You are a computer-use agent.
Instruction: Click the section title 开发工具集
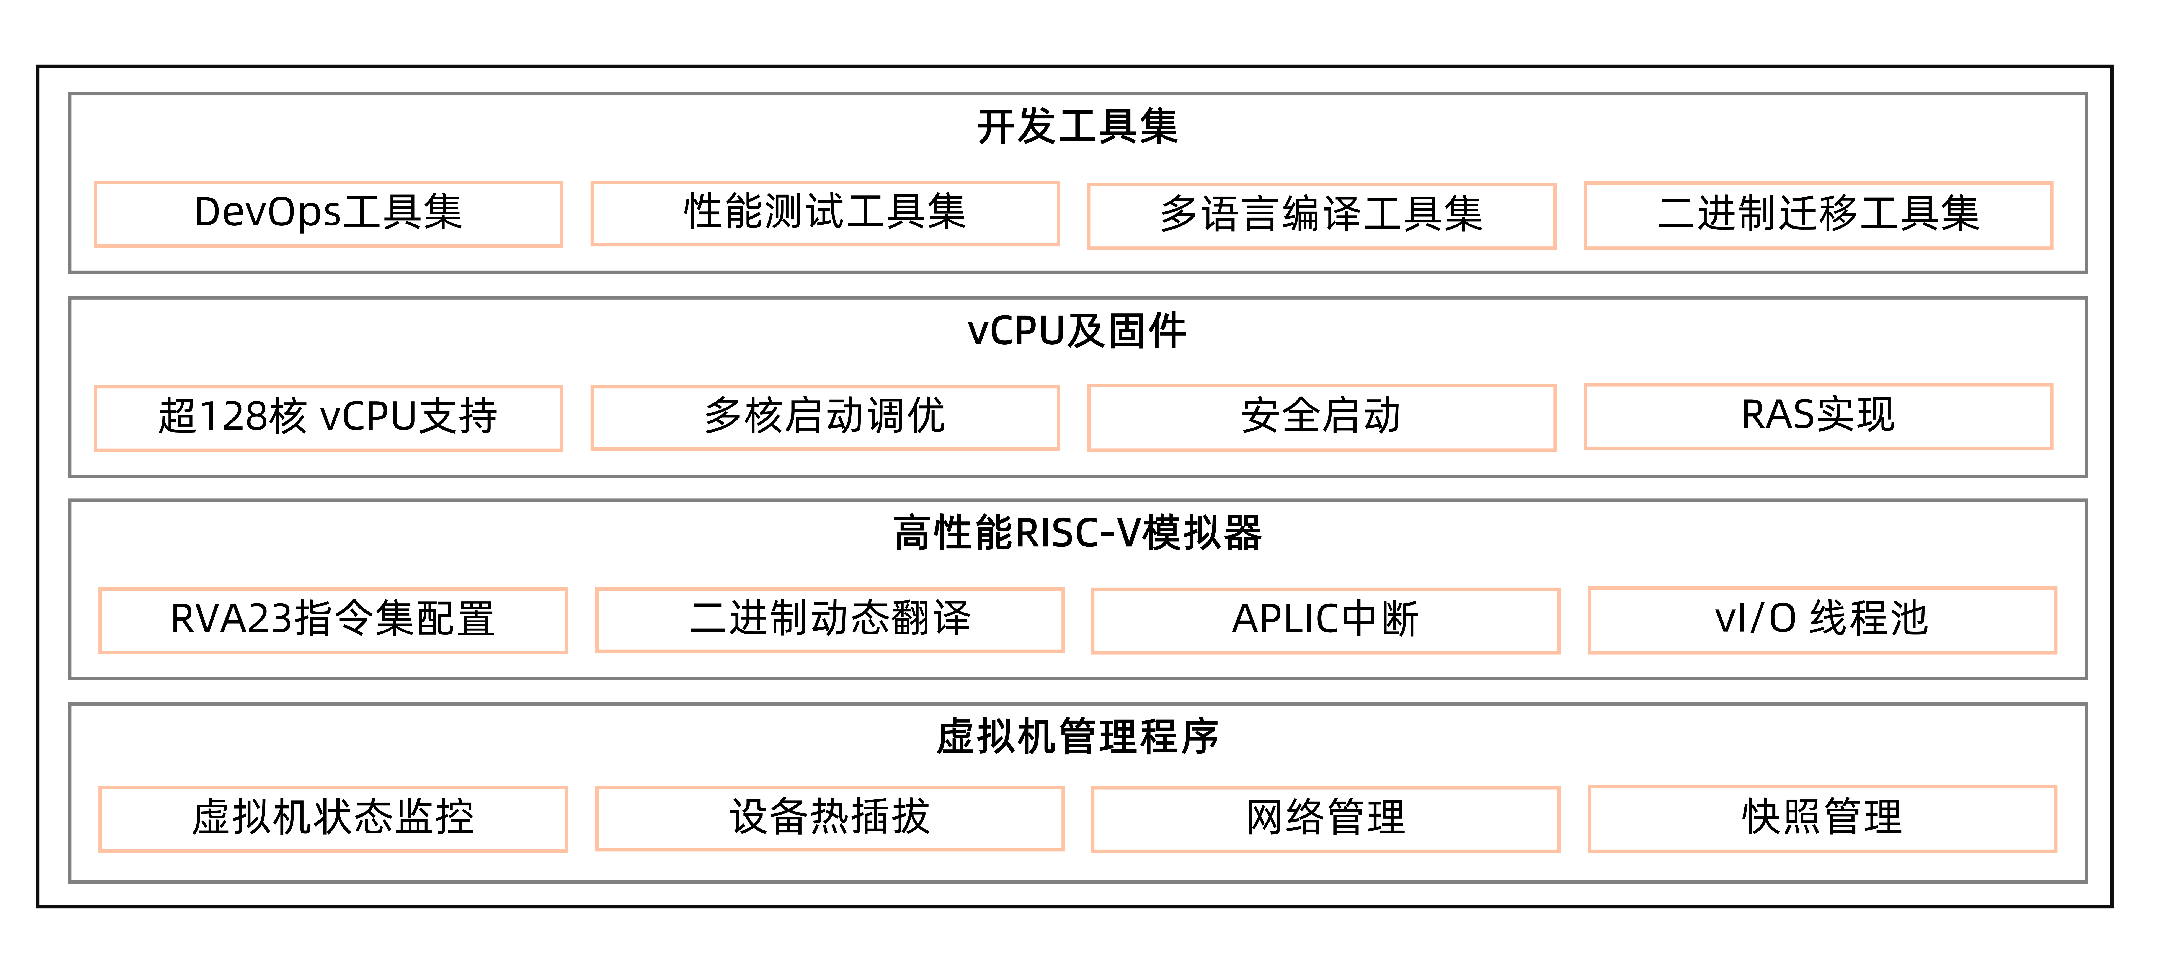pos(1077,127)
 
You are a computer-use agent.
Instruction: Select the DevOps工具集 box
pos(328,214)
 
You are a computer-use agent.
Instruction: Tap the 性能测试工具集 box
pos(825,213)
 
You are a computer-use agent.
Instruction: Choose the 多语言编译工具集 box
pos(1321,216)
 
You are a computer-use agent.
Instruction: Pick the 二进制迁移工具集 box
pos(1818,215)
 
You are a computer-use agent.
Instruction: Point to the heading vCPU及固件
pos(1077,331)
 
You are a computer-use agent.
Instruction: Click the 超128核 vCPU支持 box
pos(328,417)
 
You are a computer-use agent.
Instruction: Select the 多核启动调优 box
pos(825,417)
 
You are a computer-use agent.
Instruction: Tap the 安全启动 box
pos(1321,417)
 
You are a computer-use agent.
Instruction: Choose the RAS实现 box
pos(1818,416)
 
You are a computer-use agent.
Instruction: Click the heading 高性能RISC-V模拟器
pos(1077,533)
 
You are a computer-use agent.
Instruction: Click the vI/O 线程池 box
pos(1822,619)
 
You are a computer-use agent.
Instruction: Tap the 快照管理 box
pos(1822,818)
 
